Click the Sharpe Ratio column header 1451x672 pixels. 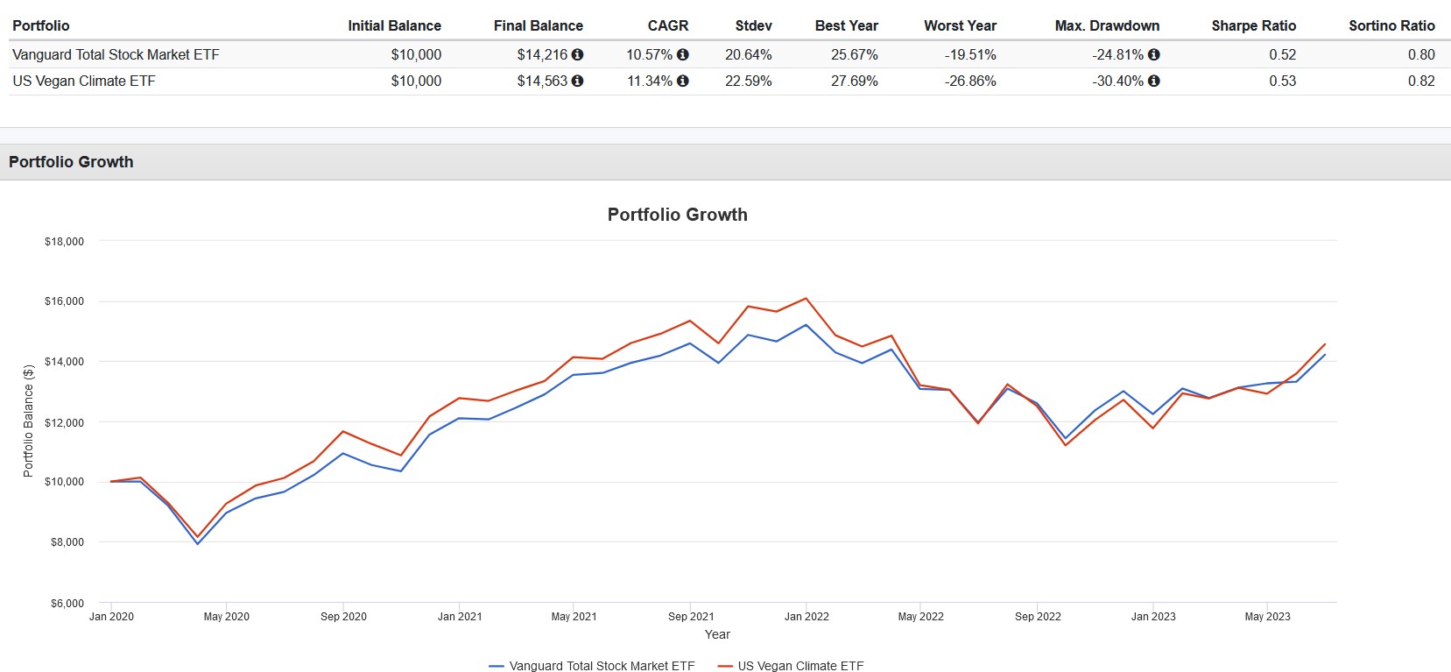(1253, 25)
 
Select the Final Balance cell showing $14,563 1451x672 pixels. (542, 81)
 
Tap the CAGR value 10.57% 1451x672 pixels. (649, 54)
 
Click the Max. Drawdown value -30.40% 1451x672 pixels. (1117, 81)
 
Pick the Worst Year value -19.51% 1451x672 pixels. (970, 54)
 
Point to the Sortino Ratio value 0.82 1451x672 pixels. (1421, 81)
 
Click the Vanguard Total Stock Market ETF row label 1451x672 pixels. (116, 54)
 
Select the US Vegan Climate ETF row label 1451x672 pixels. (84, 81)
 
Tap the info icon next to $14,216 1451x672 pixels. (577, 54)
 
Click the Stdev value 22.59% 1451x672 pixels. (748, 81)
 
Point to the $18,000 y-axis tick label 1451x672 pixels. (64, 242)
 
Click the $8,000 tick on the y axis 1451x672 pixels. (67, 542)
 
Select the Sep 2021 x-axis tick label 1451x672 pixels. (691, 617)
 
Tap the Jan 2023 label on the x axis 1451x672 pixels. (1153, 617)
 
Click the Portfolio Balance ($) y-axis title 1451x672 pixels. (28, 421)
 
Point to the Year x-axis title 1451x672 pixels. (717, 634)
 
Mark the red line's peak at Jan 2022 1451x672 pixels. (806, 299)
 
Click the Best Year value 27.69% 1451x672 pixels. (854, 81)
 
